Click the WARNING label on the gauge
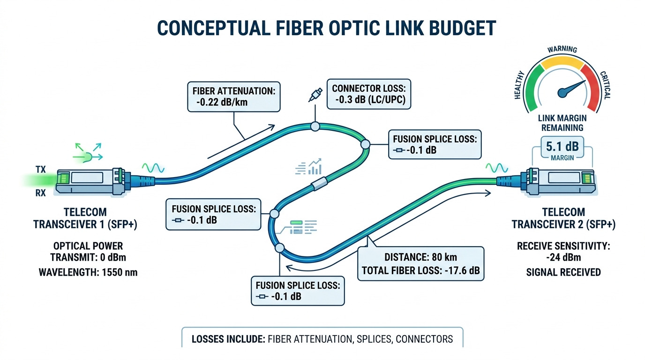(562, 50)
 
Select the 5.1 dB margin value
(562, 146)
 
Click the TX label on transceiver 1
(40, 169)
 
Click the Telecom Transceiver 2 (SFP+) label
(563, 218)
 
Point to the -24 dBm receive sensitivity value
(563, 258)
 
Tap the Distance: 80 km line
(420, 257)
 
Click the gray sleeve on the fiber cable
(318, 183)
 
